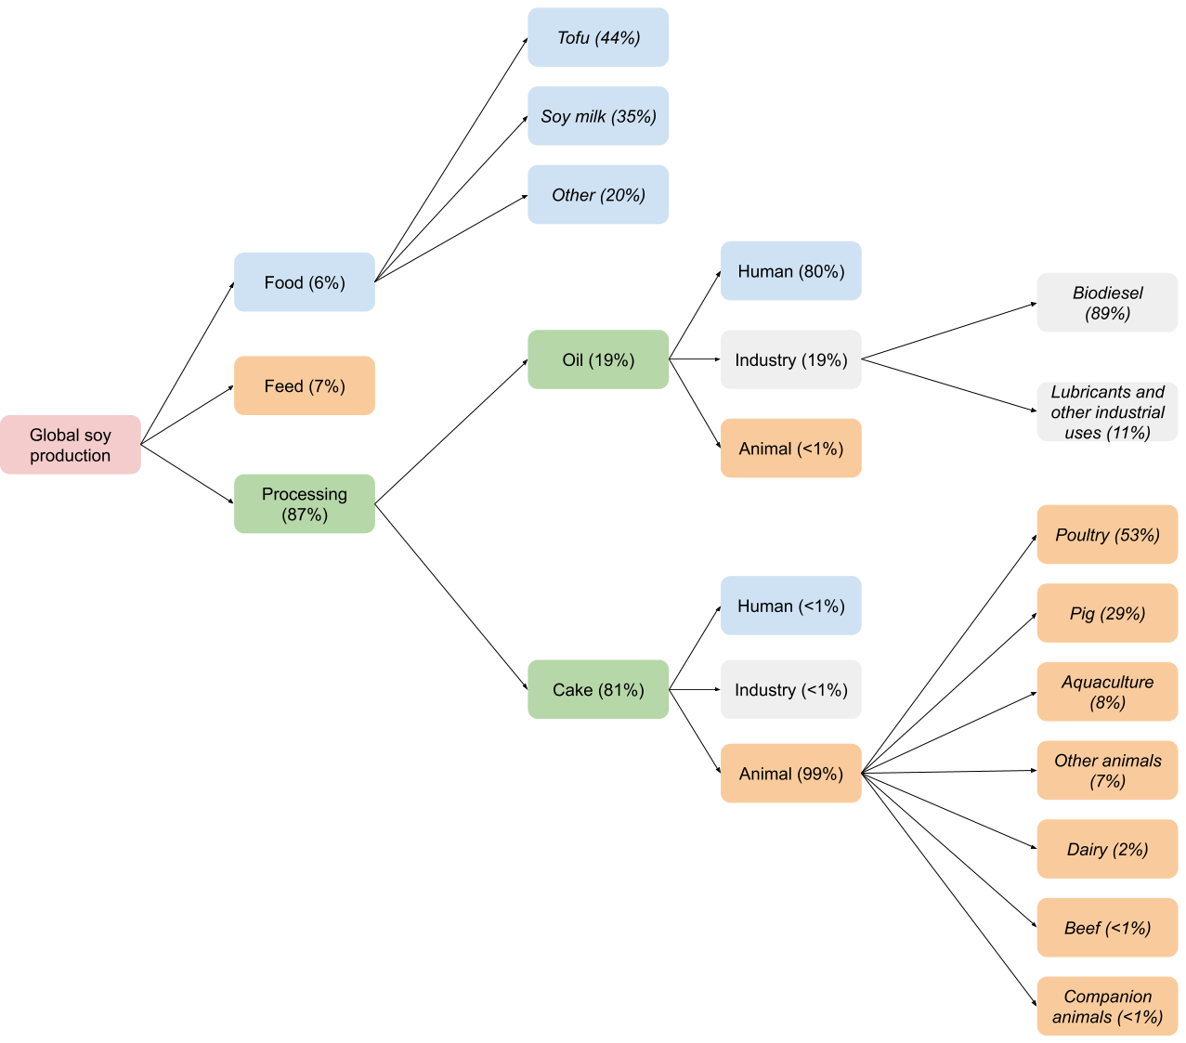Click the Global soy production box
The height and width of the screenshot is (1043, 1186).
click(71, 445)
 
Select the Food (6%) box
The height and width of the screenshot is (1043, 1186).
click(305, 282)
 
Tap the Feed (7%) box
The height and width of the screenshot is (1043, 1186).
click(305, 385)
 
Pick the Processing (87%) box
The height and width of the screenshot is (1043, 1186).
click(305, 504)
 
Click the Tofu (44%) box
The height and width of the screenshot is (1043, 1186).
click(598, 38)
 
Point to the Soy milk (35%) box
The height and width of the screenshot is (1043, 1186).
click(598, 116)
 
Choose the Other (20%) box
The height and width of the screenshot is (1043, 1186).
click(598, 195)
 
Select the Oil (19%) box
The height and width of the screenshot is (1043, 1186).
click(598, 359)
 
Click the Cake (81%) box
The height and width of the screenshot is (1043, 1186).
click(598, 689)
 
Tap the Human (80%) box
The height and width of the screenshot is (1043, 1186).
click(791, 271)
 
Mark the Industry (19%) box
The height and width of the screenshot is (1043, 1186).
click(791, 359)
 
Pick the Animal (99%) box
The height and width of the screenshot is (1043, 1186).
click(791, 773)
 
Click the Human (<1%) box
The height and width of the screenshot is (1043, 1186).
click(791, 606)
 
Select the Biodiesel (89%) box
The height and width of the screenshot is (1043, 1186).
click(1107, 303)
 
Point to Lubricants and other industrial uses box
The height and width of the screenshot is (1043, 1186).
click(1107, 411)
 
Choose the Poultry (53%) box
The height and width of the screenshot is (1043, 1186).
click(1107, 535)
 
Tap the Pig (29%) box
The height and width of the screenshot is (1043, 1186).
click(1107, 613)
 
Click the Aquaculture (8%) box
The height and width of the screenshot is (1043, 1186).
click(1107, 692)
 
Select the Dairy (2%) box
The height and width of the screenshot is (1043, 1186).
click(1107, 849)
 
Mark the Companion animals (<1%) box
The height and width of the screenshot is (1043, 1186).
click(1107, 1006)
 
